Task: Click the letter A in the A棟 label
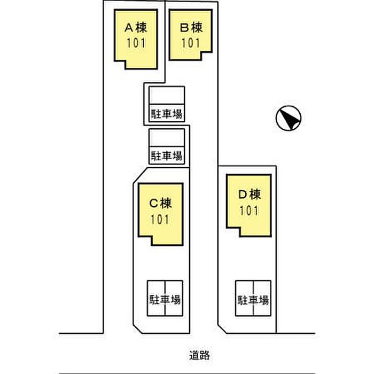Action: coord(129,27)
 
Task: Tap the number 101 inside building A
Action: coord(136,43)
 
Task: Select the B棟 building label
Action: coord(190,27)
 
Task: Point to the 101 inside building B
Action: coord(190,43)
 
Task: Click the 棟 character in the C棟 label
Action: coord(166,204)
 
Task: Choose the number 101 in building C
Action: coord(160,219)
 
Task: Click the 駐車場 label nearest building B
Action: coord(167,114)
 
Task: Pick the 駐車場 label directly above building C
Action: coord(167,156)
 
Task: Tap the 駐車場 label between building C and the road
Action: coord(165,299)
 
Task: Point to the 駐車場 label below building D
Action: coord(253,299)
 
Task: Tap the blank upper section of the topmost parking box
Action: coord(167,96)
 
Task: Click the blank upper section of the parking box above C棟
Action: coord(167,138)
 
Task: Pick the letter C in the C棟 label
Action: coord(152,204)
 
